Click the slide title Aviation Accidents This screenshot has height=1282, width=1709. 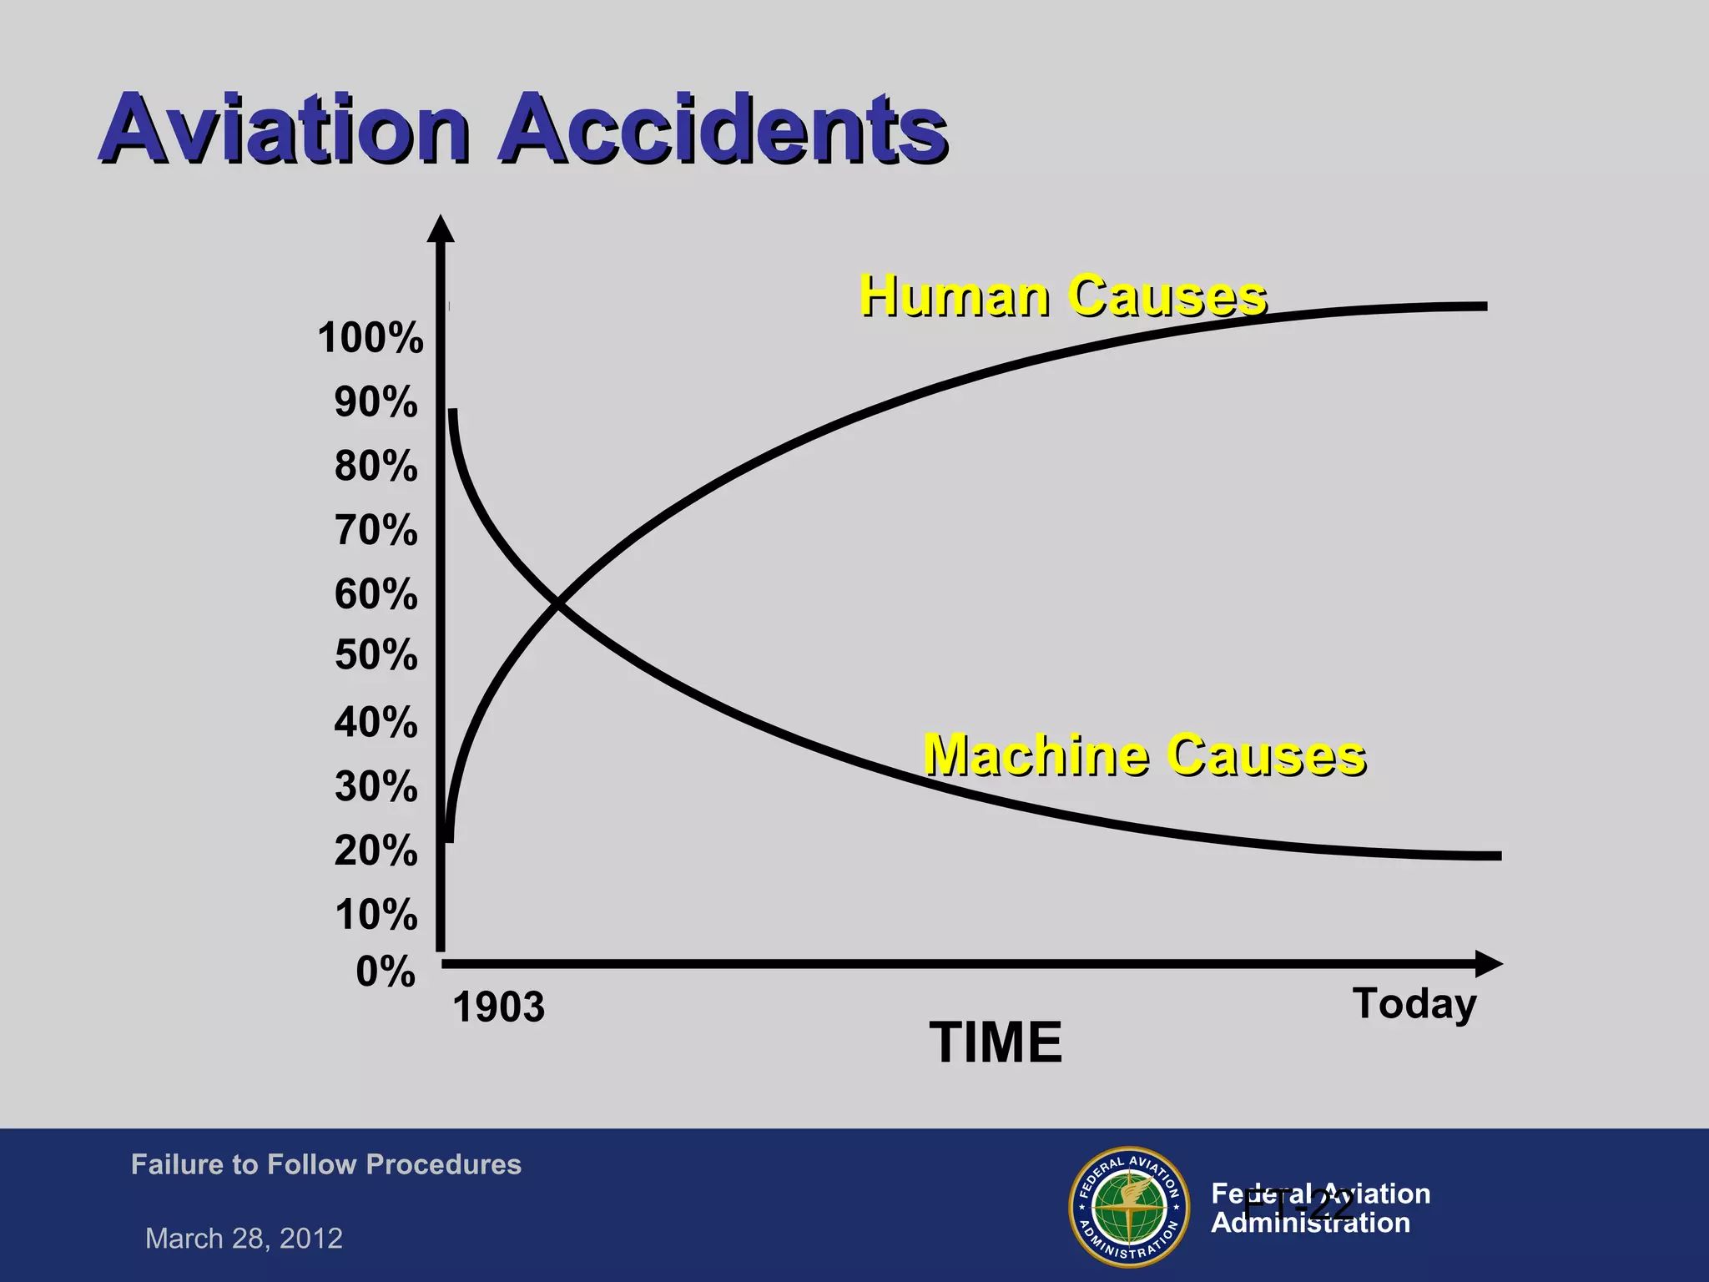point(523,128)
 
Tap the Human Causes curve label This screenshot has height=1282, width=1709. point(1063,295)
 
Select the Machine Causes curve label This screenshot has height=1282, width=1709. point(1144,755)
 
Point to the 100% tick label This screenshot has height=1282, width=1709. point(371,338)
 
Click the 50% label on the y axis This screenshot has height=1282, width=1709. point(376,654)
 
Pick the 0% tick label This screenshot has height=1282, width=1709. point(385,972)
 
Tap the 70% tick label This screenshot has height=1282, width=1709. point(376,530)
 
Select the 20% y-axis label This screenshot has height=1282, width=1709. point(376,850)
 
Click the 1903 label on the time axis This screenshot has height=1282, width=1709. point(498,1007)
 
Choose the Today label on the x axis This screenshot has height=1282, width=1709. point(1414,1003)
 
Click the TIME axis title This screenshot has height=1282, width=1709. point(996,1042)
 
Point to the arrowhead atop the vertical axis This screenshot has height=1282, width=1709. point(441,229)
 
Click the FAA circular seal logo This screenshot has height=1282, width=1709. point(1129,1207)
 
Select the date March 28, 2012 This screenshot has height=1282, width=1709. point(244,1238)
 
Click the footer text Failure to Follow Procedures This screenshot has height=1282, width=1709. point(325,1164)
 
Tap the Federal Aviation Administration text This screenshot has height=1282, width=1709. point(1320,1208)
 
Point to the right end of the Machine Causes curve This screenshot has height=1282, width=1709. point(1497,856)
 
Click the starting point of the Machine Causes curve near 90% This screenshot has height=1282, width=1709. point(452,412)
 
